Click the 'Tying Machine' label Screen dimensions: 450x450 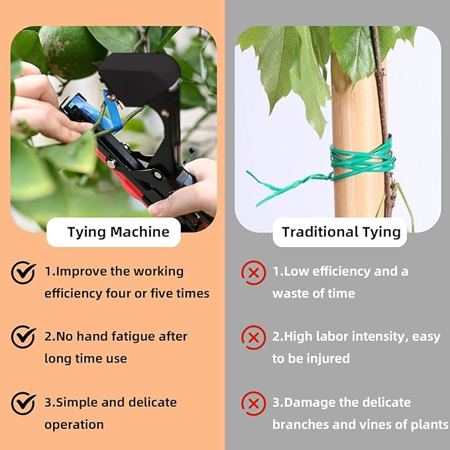pos(118,232)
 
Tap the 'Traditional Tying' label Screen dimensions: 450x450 pos(341,232)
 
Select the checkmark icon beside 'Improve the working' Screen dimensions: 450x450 pos(23,272)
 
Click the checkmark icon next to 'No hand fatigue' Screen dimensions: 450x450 pos(23,337)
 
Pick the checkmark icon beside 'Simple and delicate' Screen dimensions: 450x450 pos(23,402)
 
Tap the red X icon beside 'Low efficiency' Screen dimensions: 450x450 pos(253,272)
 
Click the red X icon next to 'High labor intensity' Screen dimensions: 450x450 pos(253,337)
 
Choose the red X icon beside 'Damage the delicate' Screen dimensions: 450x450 pos(253,403)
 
